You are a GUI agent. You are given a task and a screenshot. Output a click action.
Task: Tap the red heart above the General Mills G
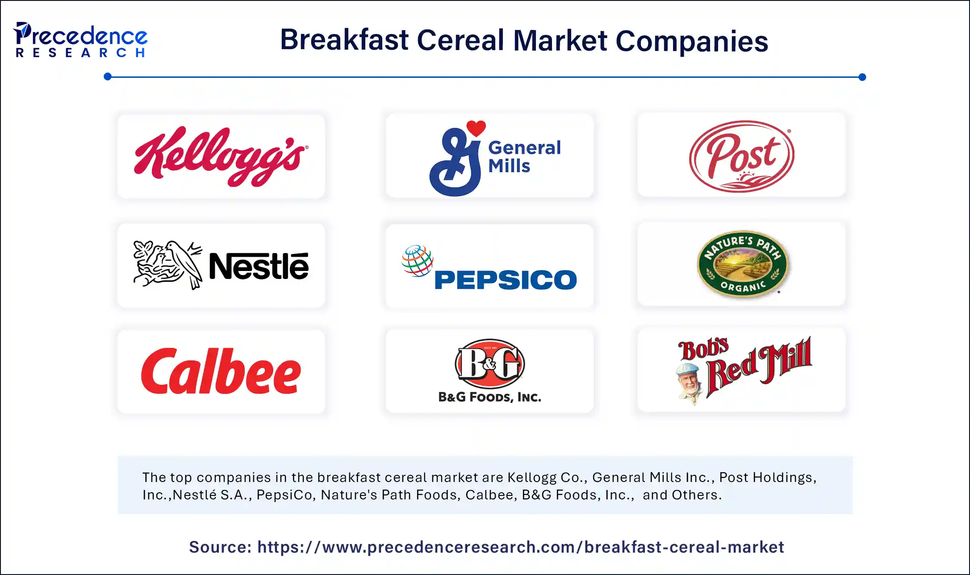coord(476,128)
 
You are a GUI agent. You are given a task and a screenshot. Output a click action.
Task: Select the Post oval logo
coord(742,156)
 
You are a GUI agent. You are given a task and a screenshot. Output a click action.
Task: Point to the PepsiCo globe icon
coord(417,261)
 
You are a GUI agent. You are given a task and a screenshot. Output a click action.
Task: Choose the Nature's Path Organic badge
coord(742,264)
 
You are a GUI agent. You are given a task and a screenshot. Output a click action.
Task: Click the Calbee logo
coord(221,372)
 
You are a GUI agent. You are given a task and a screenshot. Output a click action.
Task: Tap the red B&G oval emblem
coord(490,363)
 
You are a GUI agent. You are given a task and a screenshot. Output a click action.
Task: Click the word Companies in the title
coord(692,41)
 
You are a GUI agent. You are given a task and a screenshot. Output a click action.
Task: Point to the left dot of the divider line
coord(108,76)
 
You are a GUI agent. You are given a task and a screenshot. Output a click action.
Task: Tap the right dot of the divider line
coord(862,77)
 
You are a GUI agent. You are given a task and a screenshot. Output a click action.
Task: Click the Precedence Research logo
coord(80,40)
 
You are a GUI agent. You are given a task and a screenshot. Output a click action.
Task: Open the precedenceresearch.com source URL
coord(521,547)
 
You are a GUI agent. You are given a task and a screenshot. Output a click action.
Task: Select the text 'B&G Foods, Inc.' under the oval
coord(489,397)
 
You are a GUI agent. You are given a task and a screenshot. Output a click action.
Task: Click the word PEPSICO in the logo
coord(506,280)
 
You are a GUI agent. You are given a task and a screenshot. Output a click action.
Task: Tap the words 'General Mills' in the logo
coord(524,156)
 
